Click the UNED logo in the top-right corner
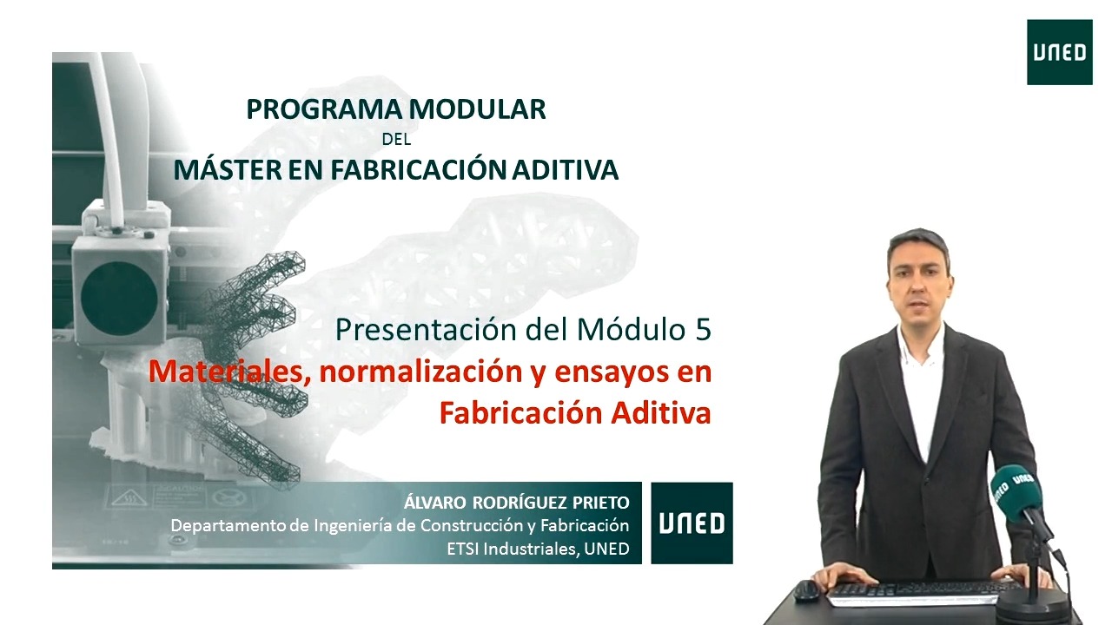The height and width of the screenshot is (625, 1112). coord(1059,52)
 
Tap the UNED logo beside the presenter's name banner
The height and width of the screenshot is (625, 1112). coord(692,523)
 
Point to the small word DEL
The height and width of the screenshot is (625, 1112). coord(397,140)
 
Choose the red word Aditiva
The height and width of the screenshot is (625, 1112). coord(661,412)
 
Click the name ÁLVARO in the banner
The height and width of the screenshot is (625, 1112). coord(435,502)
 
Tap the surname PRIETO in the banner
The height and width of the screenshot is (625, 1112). coord(600,503)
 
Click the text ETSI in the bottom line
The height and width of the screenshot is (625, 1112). coord(463,549)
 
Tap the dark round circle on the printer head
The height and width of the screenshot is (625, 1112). coord(119,297)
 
